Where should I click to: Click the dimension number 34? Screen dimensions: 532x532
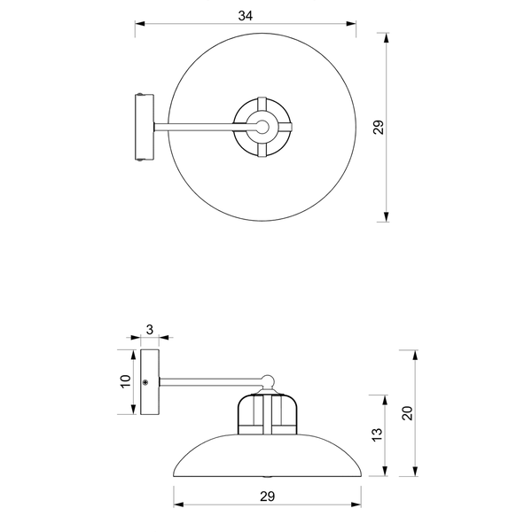(x=246, y=16)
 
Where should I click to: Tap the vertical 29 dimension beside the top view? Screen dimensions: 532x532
(x=379, y=127)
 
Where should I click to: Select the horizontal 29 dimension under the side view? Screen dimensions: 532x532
(x=268, y=497)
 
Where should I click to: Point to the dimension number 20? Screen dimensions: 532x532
(x=407, y=413)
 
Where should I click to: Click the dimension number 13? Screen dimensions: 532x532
(x=377, y=434)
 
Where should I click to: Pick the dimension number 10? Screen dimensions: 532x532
(x=125, y=381)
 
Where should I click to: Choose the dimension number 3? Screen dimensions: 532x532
(x=150, y=330)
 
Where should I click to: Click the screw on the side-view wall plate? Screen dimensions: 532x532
(x=145, y=382)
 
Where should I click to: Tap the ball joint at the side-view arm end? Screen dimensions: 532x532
(x=268, y=380)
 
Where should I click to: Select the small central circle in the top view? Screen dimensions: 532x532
(x=262, y=127)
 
